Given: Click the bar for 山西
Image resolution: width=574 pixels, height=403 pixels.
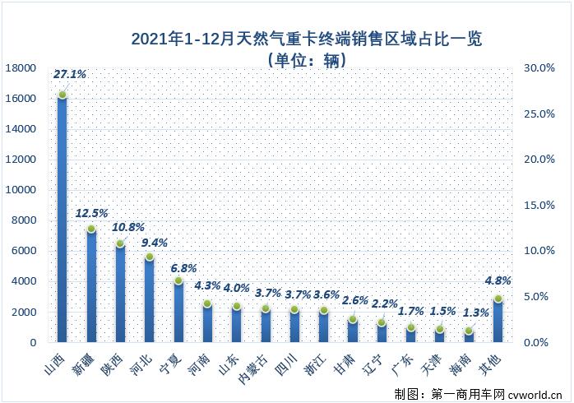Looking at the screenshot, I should click(62, 218).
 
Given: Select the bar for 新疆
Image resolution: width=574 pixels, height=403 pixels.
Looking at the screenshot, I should click(91, 285).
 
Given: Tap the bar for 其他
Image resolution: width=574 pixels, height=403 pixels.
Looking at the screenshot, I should click(498, 320).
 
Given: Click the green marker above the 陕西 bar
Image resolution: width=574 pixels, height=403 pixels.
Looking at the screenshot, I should click(120, 243).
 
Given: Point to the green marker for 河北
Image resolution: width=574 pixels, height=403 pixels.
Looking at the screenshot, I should click(150, 257).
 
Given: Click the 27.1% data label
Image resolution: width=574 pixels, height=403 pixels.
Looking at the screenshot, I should click(70, 74).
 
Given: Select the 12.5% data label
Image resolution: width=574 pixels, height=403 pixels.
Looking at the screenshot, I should click(91, 213).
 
